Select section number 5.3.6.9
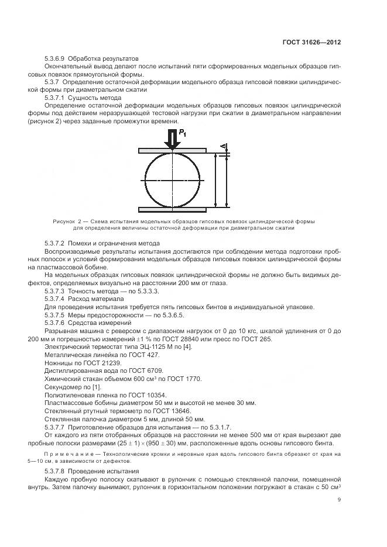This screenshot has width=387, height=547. tap(56, 59)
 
